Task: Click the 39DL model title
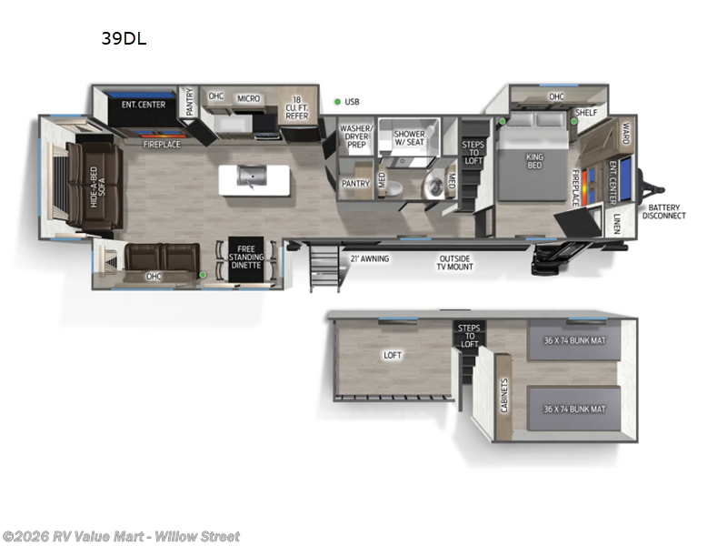[124, 38]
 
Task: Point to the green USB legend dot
[336, 102]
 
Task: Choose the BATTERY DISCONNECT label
[664, 211]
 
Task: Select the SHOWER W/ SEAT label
[409, 138]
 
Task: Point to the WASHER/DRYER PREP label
[355, 136]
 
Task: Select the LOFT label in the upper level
[392, 355]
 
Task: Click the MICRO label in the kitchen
[248, 98]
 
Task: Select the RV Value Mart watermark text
[121, 536]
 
